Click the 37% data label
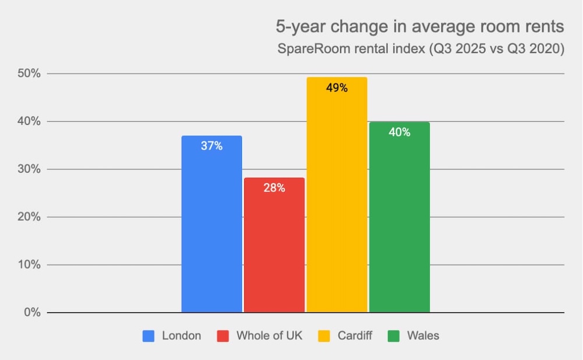pos(212,146)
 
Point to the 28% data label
pos(274,188)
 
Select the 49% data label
pos(337,88)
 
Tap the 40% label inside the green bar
pos(399,132)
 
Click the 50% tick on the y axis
pos(27,74)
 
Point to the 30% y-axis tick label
pos(27,170)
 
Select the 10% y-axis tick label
pos(27,265)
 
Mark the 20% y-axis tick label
pos(27,217)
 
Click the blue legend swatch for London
pos(149,336)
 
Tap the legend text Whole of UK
pos(269,336)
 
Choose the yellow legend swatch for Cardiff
pos(323,336)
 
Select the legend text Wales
pos(423,336)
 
